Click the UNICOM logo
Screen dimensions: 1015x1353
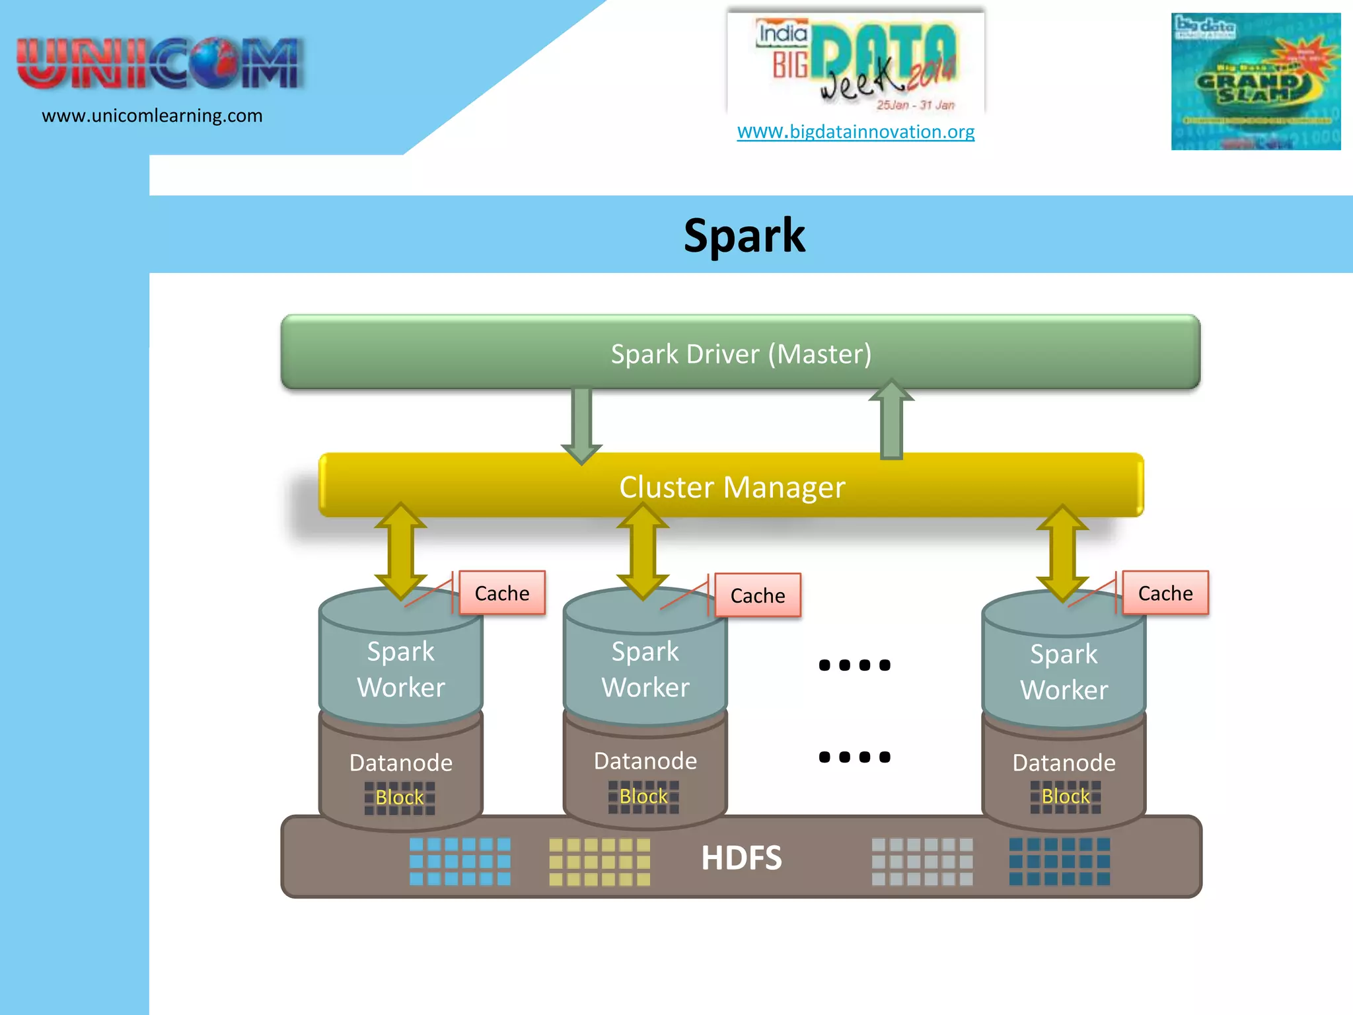(159, 63)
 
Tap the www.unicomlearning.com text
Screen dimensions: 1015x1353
(152, 116)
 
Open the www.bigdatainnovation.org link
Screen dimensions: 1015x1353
(856, 132)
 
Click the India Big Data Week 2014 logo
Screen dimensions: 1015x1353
(856, 63)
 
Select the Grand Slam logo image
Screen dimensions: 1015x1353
(1255, 82)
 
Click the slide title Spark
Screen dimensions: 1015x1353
(744, 236)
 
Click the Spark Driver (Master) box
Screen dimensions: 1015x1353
(740, 354)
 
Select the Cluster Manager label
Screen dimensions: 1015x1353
(731, 487)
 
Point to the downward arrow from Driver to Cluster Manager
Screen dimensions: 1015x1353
(581, 423)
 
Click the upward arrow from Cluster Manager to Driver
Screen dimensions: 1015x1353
(891, 420)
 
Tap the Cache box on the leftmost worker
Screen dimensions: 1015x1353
(502, 593)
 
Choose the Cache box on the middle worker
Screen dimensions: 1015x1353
(758, 595)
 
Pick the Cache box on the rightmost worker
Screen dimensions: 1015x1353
(1165, 593)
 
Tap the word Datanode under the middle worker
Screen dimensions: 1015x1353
(645, 761)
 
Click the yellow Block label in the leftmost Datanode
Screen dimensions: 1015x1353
(399, 798)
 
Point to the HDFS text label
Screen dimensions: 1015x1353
(741, 858)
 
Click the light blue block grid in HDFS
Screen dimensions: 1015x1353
(460, 861)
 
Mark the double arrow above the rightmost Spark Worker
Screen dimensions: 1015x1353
(1062, 552)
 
